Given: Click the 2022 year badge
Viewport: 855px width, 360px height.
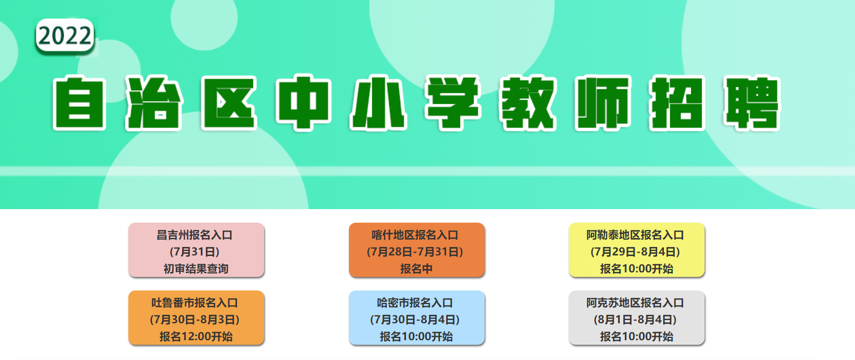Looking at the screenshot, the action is (x=65, y=36).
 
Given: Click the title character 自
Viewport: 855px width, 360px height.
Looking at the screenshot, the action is (x=79, y=103).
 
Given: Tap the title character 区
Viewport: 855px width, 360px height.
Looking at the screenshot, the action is (x=229, y=103).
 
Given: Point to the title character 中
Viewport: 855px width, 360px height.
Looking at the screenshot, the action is (x=304, y=103).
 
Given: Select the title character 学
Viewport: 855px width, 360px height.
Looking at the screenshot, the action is (x=453, y=103).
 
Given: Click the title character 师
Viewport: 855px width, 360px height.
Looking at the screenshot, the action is (x=603, y=103).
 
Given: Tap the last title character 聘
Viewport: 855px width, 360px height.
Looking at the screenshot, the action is (x=752, y=103).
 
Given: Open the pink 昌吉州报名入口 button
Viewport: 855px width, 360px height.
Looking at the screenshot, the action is (x=196, y=250).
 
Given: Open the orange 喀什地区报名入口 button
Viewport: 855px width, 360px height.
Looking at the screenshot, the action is (x=417, y=250).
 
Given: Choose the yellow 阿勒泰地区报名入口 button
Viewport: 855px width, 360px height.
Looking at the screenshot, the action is (x=637, y=250).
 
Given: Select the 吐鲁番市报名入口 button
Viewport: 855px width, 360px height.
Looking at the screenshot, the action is (x=196, y=318).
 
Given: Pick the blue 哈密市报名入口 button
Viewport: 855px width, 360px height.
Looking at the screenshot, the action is (x=417, y=318).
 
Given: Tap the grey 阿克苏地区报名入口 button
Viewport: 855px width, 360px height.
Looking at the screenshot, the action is (x=637, y=318).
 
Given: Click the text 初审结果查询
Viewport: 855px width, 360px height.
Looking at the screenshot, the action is (x=196, y=269).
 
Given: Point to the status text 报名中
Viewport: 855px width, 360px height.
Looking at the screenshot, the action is (x=416, y=269).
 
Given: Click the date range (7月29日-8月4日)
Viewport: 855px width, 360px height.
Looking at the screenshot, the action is (x=636, y=251).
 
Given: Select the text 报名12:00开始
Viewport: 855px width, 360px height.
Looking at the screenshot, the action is (x=196, y=336).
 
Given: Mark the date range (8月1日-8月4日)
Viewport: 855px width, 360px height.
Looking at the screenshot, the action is (x=636, y=319).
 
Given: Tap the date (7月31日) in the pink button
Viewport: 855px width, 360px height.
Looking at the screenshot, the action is (x=195, y=251).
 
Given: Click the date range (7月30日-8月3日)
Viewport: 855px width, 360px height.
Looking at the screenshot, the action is (x=195, y=319).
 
